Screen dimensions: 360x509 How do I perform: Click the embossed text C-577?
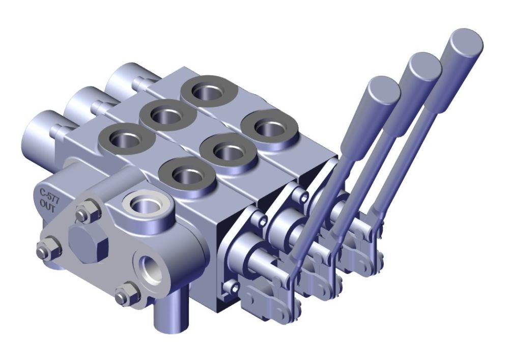tap(49, 194)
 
